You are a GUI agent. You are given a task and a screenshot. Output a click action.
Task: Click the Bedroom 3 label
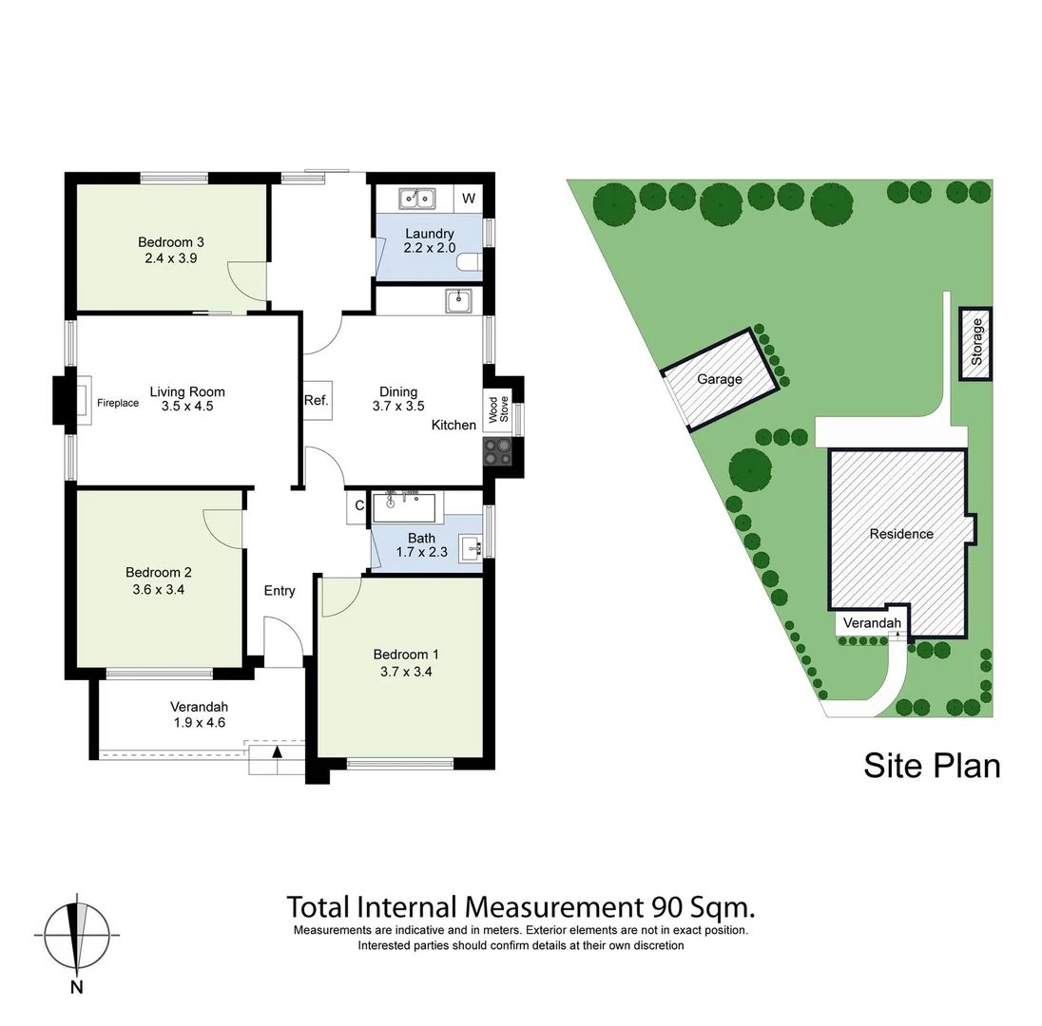170,241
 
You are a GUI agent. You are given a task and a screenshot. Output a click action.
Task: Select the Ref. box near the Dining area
316,401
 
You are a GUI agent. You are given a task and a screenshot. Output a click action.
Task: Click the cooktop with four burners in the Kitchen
498,450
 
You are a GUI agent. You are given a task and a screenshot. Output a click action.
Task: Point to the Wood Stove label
498,407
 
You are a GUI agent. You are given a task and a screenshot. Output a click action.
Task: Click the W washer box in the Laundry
469,199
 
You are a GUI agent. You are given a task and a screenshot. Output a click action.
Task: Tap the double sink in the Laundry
415,199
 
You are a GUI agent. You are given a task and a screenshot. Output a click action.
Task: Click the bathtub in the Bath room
403,506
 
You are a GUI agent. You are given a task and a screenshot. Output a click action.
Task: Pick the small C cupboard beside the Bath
359,506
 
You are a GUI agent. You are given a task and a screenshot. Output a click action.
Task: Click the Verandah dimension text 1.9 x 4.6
199,722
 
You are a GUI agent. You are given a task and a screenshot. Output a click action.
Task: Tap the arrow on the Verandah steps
278,752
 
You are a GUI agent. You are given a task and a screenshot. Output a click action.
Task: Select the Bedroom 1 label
406,655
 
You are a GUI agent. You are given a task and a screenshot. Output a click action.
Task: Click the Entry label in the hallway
280,591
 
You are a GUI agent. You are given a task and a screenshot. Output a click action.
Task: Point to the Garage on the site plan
720,379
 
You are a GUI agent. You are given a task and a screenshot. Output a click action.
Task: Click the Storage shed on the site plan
975,343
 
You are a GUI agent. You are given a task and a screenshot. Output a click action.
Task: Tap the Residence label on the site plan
901,534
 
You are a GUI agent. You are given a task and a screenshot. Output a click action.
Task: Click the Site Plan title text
932,765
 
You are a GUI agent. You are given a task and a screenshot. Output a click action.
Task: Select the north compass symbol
76,935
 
